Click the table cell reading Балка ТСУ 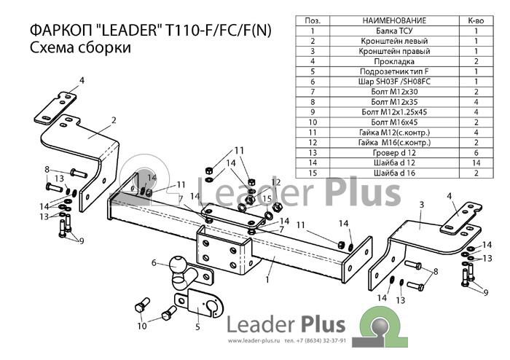click(x=394, y=31)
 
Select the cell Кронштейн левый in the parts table click(x=394, y=41)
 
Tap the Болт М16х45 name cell click(x=394, y=122)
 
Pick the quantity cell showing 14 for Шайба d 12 click(x=476, y=163)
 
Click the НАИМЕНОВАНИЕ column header click(x=394, y=21)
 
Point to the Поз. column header click(x=313, y=21)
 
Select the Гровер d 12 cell click(x=394, y=153)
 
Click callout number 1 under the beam click(x=267, y=279)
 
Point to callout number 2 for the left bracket click(x=114, y=120)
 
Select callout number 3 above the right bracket click(x=422, y=205)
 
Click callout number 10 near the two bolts click(x=142, y=326)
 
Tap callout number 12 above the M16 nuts click(x=276, y=182)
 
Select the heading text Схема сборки click(x=80, y=47)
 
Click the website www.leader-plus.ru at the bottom click(x=254, y=341)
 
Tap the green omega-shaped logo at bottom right click(x=380, y=326)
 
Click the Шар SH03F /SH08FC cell click(x=394, y=82)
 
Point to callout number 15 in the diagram click(x=267, y=198)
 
